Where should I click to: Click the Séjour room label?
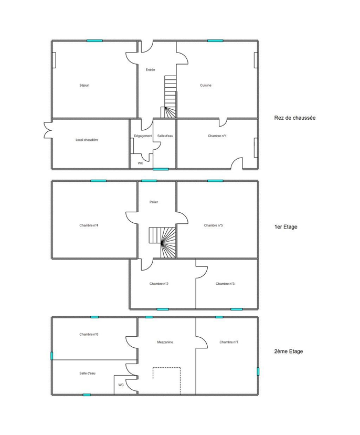84,86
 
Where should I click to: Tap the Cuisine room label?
206,86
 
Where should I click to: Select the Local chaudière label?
87,140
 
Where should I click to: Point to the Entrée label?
151,70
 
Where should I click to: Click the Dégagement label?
143,136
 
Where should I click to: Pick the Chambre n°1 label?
217,136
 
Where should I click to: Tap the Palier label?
154,202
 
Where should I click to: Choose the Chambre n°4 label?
89,225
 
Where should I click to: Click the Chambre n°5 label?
214,225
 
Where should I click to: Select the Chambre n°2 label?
159,284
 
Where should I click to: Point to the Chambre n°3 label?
225,284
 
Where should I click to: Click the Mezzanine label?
165,343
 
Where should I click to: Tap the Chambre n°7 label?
229,343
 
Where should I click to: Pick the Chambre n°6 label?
89,335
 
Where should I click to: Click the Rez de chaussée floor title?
295,118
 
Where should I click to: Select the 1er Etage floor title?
285,227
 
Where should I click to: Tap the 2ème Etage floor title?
289,351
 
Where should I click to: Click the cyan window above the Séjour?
95,41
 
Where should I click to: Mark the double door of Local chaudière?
48,130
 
